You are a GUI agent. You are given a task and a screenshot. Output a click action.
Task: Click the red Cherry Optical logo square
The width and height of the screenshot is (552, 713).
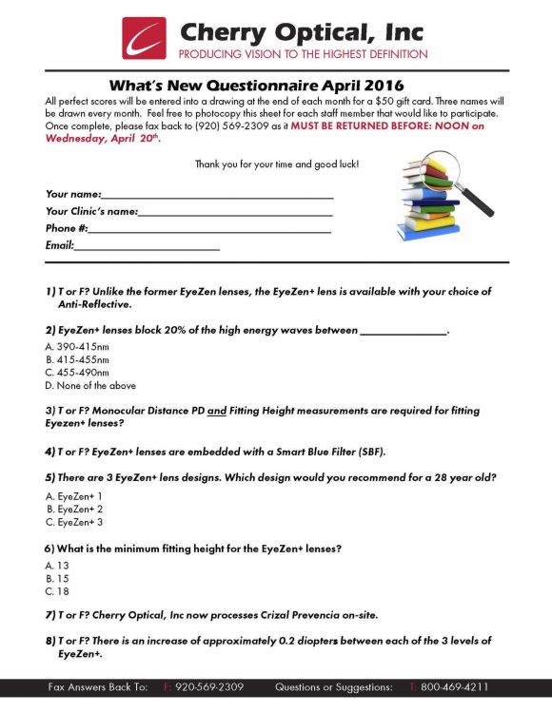144,38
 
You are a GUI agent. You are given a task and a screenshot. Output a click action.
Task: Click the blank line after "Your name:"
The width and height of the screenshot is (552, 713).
218,196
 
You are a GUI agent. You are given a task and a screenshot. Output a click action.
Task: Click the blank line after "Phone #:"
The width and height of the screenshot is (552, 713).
209,231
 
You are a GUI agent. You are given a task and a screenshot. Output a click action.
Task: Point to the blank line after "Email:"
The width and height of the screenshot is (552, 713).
148,248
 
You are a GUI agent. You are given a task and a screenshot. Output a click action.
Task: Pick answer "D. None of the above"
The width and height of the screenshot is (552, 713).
90,386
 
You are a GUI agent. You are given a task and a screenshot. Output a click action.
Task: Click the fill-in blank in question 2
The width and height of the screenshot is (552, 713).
403,332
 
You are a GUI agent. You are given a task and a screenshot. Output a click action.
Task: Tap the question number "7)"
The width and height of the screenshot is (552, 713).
51,615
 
